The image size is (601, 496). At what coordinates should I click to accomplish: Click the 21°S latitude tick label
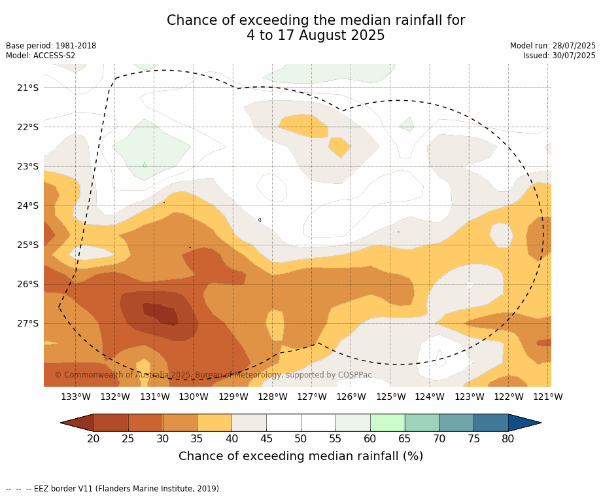28,88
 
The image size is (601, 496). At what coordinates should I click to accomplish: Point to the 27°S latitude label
28,323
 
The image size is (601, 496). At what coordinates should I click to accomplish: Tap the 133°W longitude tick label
76,397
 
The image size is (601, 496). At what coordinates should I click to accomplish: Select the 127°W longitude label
312,397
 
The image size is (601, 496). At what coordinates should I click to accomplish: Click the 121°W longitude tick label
548,397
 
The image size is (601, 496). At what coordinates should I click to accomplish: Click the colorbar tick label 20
93,438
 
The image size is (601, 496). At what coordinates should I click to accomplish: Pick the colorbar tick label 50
301,438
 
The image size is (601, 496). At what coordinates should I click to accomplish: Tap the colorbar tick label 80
508,438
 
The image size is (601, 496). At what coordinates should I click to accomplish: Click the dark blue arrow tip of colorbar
541,423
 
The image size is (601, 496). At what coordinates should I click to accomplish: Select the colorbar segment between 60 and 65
388,423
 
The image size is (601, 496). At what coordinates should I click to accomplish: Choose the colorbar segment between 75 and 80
491,423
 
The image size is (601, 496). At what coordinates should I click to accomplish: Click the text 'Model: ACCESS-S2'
41,56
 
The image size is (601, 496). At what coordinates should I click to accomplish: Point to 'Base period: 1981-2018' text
51,46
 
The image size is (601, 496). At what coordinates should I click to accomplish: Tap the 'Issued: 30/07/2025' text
559,56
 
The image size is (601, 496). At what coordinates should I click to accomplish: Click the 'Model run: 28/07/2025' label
553,46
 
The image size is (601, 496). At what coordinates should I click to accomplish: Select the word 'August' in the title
322,35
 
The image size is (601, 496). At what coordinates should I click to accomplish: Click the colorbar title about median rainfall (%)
301,456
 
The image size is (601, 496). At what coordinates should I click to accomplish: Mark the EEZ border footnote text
114,489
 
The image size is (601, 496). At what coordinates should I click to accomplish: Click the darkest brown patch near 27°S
160,314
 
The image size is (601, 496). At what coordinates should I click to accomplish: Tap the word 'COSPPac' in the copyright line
354,375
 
